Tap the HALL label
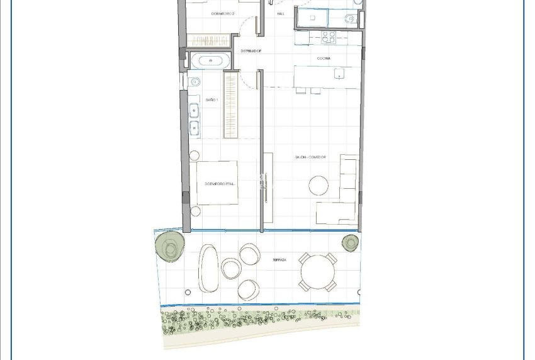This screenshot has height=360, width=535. click(x=280, y=13)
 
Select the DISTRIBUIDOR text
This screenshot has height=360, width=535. click(x=251, y=50)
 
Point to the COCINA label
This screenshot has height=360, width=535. click(x=324, y=58)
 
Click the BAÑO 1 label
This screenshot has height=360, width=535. click(x=211, y=100)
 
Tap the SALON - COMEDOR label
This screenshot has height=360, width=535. click(x=312, y=157)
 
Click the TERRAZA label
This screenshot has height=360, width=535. click(x=280, y=259)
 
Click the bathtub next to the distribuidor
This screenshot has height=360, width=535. click(x=210, y=62)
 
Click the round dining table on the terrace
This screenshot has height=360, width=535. click(x=317, y=271)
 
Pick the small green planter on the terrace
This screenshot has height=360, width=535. click(x=350, y=242)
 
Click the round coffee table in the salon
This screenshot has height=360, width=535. click(x=318, y=185)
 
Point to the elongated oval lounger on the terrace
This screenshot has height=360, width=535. click(x=208, y=267)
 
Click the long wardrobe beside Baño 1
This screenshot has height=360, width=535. click(x=231, y=105)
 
